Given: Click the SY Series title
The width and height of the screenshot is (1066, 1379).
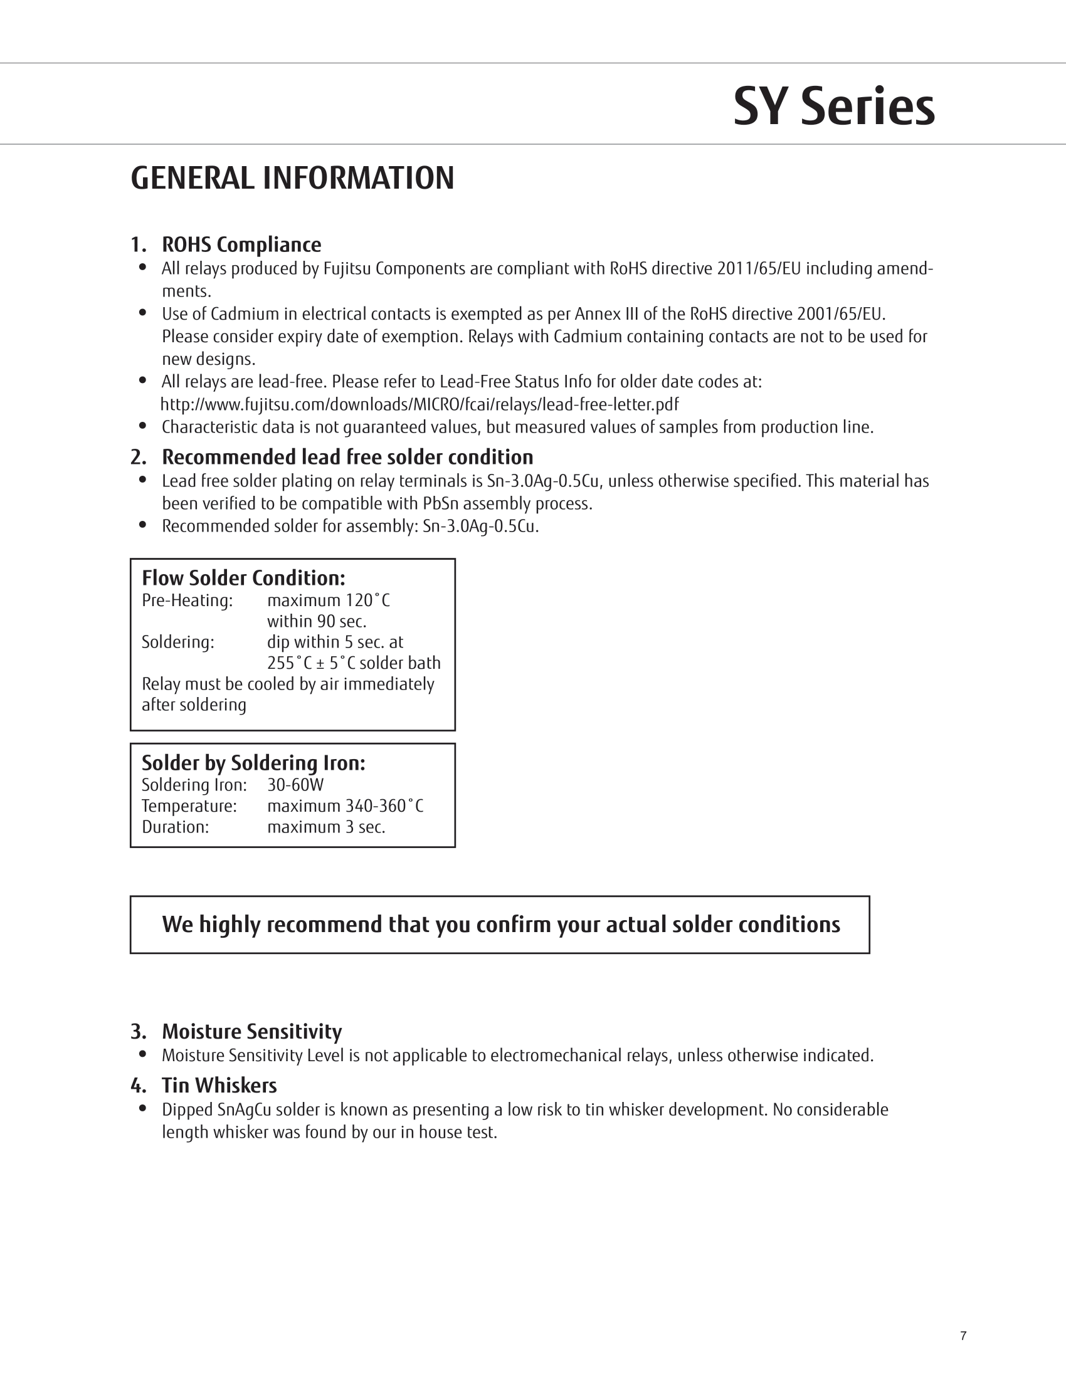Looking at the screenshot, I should coord(833,106).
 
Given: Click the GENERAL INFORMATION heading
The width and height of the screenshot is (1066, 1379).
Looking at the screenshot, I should coord(292,178).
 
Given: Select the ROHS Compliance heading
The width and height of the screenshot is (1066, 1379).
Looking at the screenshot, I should coord(241,244).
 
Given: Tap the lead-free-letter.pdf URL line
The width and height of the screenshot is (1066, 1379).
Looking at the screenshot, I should coord(420,404).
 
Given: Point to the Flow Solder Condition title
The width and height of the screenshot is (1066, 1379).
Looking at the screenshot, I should coord(243,578).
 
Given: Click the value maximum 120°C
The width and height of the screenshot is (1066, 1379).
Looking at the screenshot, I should coord(329,600).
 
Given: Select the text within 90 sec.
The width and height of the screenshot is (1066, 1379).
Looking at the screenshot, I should coord(317,621).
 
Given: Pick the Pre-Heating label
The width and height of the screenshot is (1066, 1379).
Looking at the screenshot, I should coord(187,600).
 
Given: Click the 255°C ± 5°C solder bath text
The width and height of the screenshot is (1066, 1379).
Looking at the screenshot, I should coord(354,663).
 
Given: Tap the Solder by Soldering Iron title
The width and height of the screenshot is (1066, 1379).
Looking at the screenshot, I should coord(253,763).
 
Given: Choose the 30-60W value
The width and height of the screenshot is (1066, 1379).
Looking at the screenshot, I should coord(295,785).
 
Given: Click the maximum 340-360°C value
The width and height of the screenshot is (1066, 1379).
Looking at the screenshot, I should coord(345,805).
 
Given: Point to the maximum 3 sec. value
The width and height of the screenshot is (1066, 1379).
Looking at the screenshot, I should coord(326,827).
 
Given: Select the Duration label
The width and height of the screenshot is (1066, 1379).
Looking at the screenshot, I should coord(175,827).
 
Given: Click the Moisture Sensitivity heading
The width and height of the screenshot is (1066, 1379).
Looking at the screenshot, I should coord(251,1031).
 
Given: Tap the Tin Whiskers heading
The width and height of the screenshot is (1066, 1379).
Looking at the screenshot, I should coord(219,1085).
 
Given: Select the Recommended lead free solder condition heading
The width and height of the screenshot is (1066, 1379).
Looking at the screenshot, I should coord(347,456).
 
